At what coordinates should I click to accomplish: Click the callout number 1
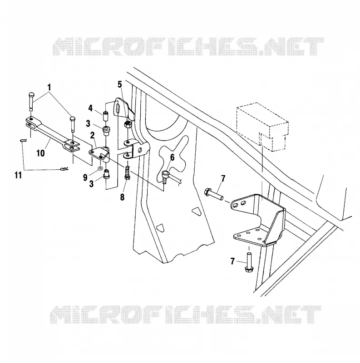[49, 87]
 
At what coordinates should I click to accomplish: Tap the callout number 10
[40, 153]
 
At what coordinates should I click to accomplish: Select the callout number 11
[18, 175]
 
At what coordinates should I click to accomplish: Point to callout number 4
[90, 108]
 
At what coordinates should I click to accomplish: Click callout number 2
[93, 135]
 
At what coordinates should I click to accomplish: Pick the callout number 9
[85, 177]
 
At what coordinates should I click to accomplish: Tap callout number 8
[122, 197]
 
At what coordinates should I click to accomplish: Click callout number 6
[172, 157]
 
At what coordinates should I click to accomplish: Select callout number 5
[119, 85]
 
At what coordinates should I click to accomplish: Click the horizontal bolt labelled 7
[214, 195]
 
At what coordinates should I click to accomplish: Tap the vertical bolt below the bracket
[249, 263]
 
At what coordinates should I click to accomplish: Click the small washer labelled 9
[100, 167]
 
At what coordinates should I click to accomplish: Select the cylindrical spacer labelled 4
[105, 117]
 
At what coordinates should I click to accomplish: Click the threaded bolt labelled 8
[127, 172]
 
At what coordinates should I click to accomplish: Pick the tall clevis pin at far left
[32, 101]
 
